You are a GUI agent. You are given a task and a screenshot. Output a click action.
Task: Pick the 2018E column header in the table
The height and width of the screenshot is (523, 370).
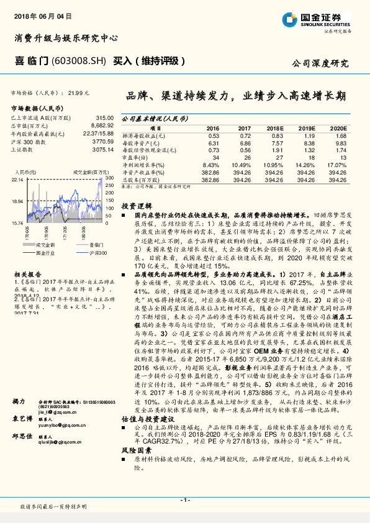(x=274, y=128)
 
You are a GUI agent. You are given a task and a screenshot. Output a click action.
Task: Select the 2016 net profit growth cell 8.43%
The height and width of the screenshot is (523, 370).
(x=210, y=165)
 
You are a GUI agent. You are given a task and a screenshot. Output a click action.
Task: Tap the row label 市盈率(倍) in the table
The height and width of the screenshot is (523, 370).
(x=135, y=157)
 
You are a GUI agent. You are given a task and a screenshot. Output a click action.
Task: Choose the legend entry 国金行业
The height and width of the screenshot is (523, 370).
(x=43, y=253)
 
